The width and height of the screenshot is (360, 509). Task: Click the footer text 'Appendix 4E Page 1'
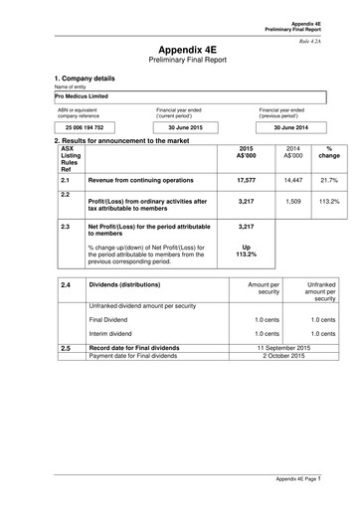(x=306, y=479)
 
